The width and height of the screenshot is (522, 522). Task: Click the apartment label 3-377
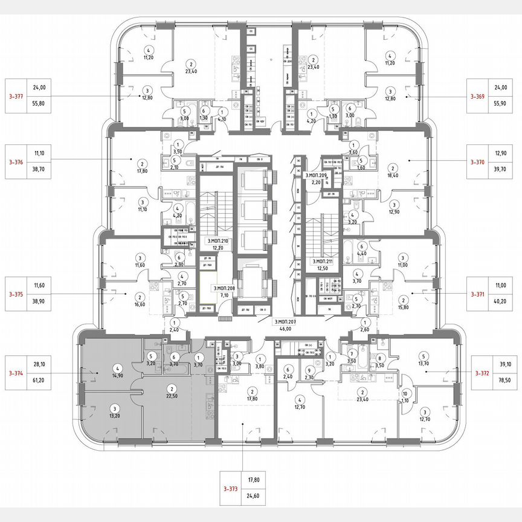(x=17, y=95)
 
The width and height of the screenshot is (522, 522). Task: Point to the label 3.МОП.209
(x=315, y=175)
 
